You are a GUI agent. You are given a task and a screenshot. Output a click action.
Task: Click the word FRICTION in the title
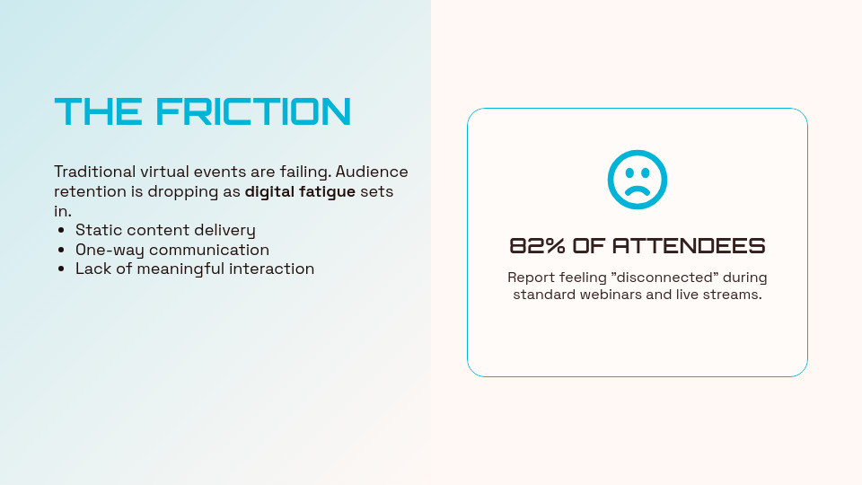coord(253,112)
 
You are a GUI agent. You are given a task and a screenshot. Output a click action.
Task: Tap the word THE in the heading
coord(98,112)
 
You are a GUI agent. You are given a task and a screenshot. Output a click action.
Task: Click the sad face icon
coord(638,180)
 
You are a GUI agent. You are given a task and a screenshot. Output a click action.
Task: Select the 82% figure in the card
coord(537,246)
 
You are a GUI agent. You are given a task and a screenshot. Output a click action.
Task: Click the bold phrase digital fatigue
coord(300,191)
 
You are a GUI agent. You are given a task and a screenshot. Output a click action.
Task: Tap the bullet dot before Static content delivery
coord(60,231)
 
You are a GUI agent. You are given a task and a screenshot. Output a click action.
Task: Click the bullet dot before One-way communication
coord(60,250)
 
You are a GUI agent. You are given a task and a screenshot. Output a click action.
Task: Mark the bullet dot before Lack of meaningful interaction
coord(60,269)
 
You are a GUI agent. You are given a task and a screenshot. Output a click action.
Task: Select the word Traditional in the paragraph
coord(94,172)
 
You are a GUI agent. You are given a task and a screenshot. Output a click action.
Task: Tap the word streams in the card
coord(734,295)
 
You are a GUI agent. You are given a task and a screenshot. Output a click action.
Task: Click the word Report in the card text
coord(531,278)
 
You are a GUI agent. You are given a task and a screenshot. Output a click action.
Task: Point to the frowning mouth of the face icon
coord(638,190)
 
